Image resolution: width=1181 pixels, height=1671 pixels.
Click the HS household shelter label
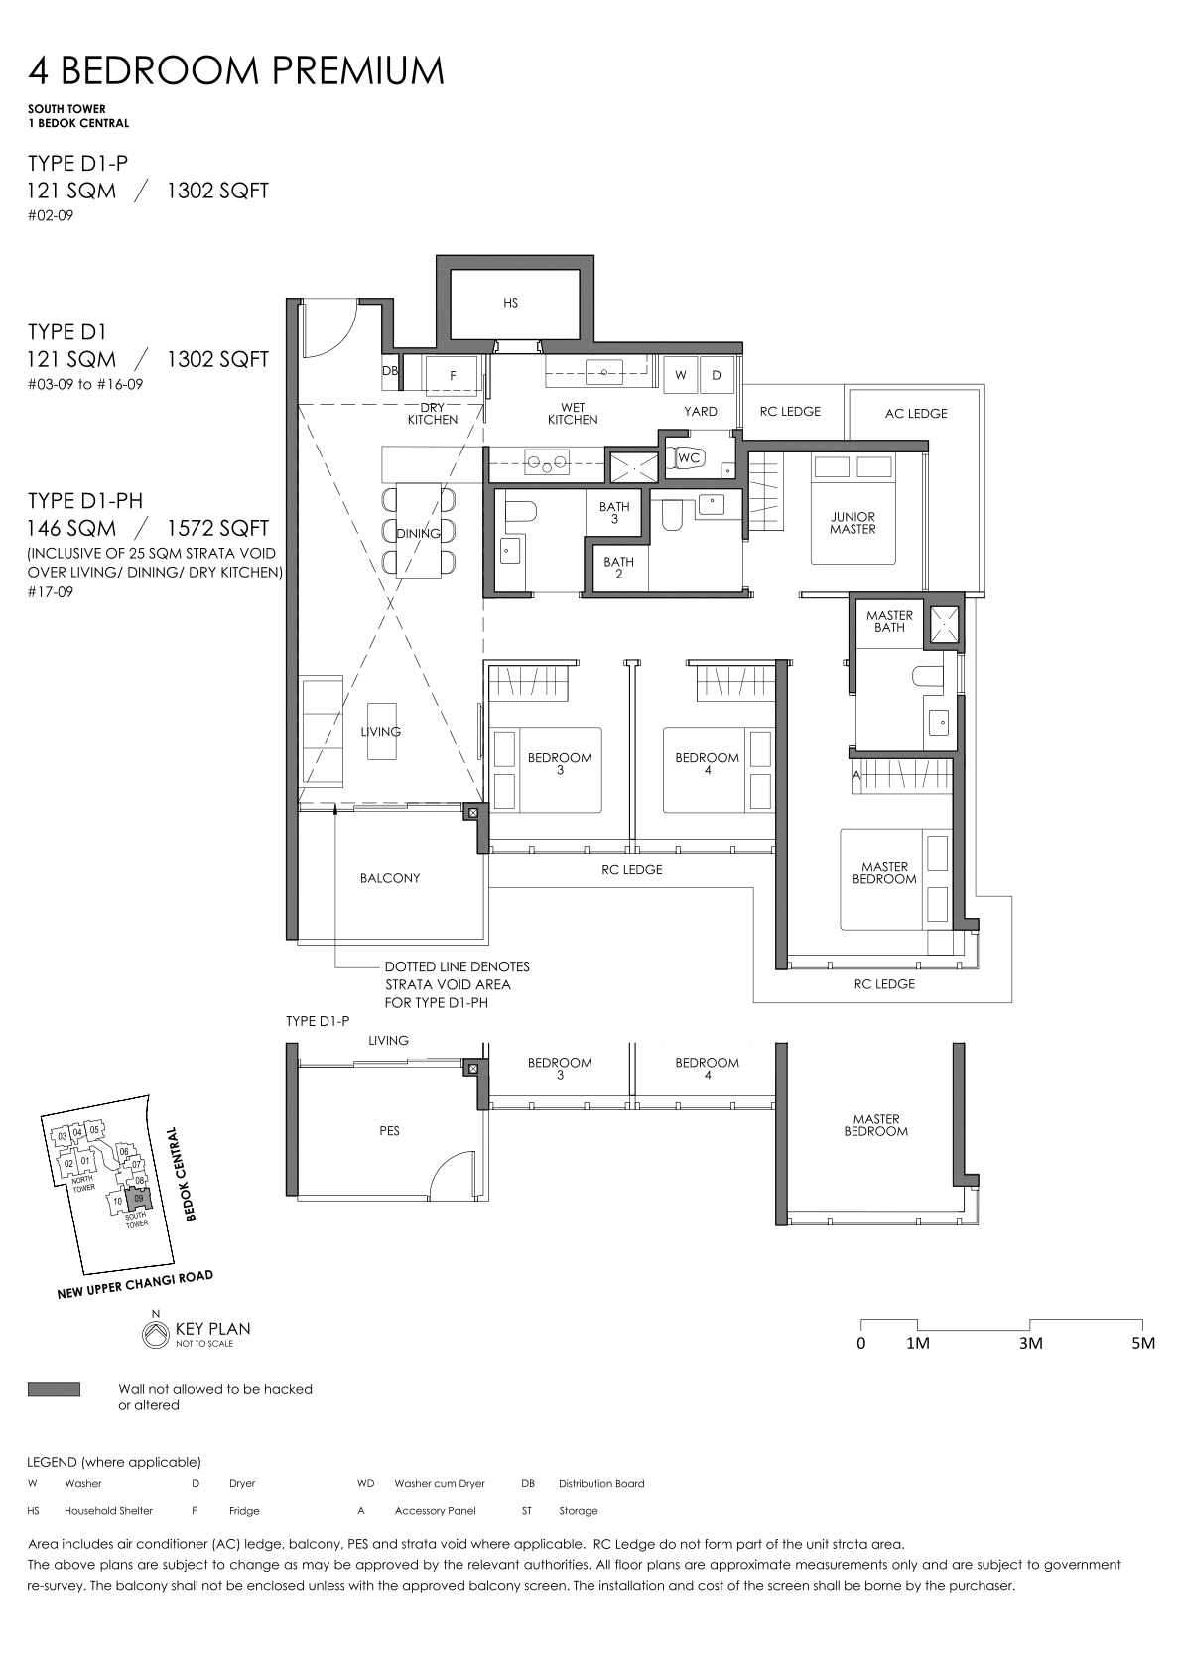(510, 303)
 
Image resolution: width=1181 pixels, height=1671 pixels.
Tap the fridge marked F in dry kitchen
(453, 375)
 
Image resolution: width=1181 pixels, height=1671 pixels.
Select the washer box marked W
(681, 375)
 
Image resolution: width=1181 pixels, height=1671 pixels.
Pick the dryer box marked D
(717, 375)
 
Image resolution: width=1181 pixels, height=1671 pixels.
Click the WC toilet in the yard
(687, 457)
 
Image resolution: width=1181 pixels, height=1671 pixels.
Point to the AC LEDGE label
(916, 413)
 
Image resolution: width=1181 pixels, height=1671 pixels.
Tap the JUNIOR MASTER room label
(853, 523)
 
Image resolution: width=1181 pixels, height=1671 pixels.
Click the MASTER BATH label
(889, 621)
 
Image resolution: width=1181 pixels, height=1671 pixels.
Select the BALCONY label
(389, 878)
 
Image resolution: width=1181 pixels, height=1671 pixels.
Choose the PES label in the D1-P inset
(389, 1131)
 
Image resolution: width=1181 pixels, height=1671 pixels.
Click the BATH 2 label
(618, 568)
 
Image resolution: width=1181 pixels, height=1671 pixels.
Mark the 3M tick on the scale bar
(1030, 1323)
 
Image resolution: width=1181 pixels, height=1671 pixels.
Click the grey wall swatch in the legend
(54, 1389)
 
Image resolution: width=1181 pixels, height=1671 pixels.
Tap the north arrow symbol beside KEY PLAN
(156, 1335)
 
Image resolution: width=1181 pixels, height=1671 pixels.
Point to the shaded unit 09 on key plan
(138, 1199)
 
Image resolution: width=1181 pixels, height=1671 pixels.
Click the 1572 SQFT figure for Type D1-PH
(217, 528)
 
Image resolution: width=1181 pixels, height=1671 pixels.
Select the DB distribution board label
(389, 370)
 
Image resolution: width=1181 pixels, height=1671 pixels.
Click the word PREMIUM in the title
(357, 70)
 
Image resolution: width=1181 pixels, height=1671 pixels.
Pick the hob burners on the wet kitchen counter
(546, 462)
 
